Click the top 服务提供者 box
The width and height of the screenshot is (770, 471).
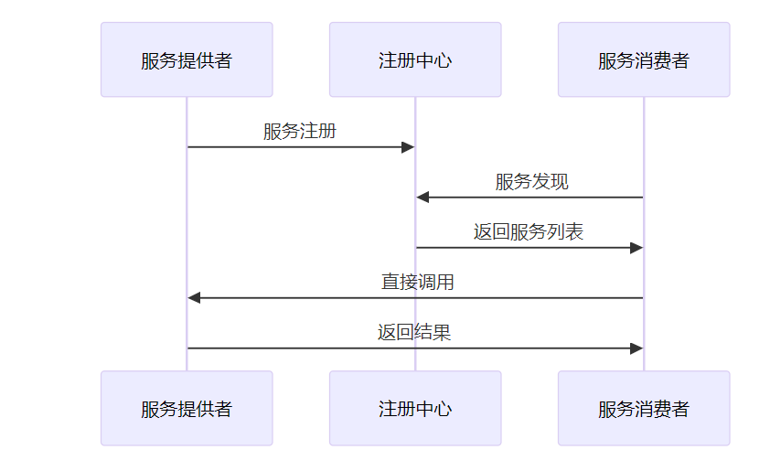tap(187, 59)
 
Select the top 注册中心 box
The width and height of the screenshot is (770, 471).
tap(415, 59)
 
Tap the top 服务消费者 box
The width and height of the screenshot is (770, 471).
tap(644, 59)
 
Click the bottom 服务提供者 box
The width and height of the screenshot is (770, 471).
tap(187, 408)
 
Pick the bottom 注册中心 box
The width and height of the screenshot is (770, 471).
tap(415, 408)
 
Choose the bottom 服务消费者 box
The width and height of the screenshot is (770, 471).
tap(644, 408)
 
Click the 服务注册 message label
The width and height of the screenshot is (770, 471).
tap(300, 131)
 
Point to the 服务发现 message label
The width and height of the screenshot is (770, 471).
tap(532, 182)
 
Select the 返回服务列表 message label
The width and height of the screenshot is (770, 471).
tap(529, 231)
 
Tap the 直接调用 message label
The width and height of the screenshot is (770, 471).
tap(417, 282)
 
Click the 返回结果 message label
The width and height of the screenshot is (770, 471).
tap(414, 333)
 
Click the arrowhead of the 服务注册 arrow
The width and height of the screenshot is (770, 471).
tap(408, 147)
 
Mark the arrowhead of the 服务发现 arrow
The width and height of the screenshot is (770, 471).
tap(422, 197)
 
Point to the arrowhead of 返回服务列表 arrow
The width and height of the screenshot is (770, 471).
tap(636, 248)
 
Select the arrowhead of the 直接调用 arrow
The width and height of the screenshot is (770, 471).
tap(194, 297)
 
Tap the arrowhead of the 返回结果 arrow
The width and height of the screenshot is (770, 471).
tap(636, 348)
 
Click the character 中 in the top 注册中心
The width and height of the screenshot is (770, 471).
tap(424, 60)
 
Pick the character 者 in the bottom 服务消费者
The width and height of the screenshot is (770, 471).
tap(680, 409)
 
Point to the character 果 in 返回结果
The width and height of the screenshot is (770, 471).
tap(442, 333)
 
